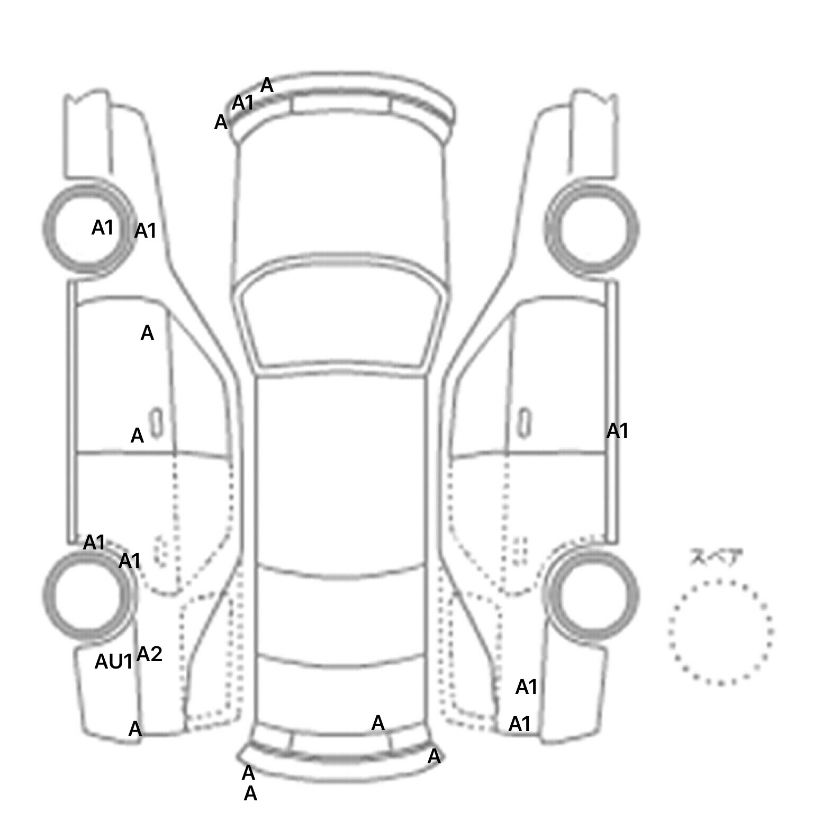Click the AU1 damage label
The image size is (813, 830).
[x=113, y=661]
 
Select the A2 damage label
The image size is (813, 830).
[x=149, y=655]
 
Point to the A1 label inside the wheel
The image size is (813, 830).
[x=103, y=228]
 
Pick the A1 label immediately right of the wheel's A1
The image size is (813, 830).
[x=146, y=231]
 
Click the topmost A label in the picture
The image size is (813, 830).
[x=267, y=85]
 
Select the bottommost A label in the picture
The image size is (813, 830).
[x=250, y=793]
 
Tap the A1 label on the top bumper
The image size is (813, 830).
[x=243, y=103]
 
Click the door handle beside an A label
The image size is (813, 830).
[x=156, y=422]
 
